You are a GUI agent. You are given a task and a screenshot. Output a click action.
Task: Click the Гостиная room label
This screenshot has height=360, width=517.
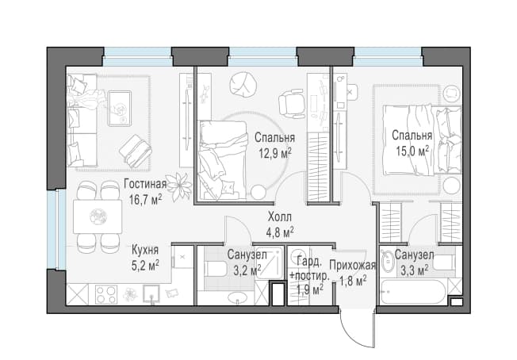(x=145, y=184)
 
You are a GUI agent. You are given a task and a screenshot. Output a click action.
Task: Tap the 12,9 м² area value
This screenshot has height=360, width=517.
(x=275, y=153)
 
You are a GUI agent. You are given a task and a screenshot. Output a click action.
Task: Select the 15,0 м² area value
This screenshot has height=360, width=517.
(x=412, y=151)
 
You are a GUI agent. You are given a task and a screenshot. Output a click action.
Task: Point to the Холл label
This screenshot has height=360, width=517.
(x=280, y=217)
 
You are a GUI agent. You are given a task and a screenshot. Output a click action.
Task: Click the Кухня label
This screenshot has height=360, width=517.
(x=145, y=250)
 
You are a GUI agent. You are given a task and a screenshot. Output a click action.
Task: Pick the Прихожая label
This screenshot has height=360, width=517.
(x=353, y=266)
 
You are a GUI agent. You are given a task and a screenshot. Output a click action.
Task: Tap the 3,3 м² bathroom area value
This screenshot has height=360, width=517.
(x=415, y=271)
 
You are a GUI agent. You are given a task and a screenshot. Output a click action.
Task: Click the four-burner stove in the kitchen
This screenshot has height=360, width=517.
(x=106, y=294)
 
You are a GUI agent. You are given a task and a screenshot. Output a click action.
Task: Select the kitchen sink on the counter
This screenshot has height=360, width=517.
(x=151, y=294)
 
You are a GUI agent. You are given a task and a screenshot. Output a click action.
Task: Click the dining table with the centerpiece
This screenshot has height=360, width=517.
(x=98, y=216)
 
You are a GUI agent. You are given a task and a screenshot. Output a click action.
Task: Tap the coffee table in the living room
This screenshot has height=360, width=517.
(x=120, y=108)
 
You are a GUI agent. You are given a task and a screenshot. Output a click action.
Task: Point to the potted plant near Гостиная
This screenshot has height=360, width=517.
(x=179, y=187)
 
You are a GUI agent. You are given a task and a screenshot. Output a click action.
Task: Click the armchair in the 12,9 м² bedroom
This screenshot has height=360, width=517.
(x=291, y=103)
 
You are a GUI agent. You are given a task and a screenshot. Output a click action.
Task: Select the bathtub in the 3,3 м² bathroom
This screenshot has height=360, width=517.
(x=413, y=292)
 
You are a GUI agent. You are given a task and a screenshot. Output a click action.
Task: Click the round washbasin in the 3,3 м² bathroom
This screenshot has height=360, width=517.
(x=389, y=262)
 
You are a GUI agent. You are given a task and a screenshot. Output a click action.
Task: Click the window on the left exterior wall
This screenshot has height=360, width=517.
(x=53, y=230)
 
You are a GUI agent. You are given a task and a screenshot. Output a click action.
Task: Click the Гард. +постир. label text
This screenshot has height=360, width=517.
(x=309, y=269)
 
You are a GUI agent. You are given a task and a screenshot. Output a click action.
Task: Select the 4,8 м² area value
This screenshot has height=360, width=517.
(x=280, y=232)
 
